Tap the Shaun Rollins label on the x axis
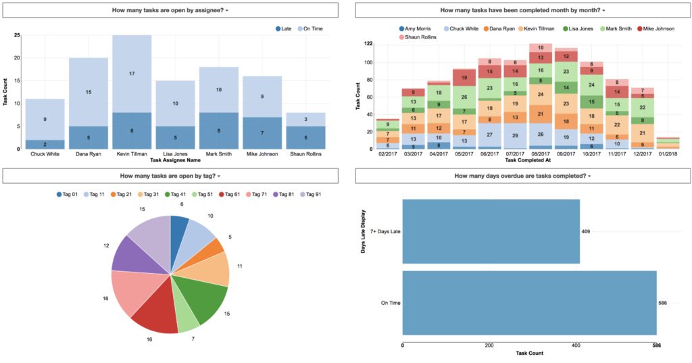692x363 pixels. tap(306, 154)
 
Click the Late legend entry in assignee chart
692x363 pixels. tap(283, 28)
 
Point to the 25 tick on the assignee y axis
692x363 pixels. tap(16, 35)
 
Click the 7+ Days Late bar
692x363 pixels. tap(491, 231)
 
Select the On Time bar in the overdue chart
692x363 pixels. tap(529, 303)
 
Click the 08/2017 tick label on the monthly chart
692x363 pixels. tap(540, 154)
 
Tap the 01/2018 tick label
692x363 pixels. tap(668, 154)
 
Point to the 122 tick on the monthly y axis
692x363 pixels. tap(368, 43)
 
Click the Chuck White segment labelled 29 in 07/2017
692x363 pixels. tap(516, 136)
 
